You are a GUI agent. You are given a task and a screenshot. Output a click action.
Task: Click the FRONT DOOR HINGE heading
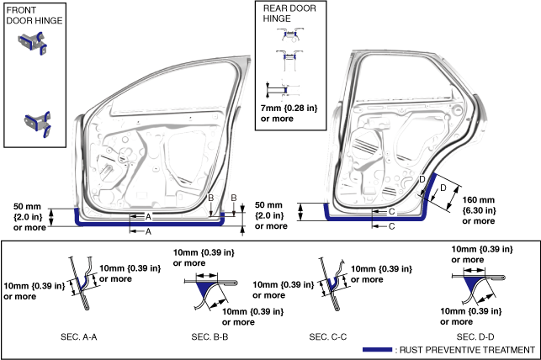click(x=34, y=15)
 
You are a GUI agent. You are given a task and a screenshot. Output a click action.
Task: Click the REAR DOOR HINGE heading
click(x=289, y=13)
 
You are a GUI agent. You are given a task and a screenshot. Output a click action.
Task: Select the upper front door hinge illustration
click(x=33, y=43)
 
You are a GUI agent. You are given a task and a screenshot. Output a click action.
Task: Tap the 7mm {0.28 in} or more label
click(x=289, y=114)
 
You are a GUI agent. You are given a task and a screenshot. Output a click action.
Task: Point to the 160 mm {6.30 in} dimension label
click(x=479, y=210)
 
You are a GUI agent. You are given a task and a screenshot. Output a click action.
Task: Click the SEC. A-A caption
click(x=78, y=337)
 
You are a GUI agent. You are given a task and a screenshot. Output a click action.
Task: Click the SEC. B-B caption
click(x=210, y=337)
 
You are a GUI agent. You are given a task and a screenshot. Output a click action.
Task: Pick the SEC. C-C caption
click(x=328, y=337)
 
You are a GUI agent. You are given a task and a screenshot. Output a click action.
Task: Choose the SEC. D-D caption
click(x=475, y=337)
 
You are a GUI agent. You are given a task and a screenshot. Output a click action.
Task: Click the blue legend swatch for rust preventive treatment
click(x=377, y=350)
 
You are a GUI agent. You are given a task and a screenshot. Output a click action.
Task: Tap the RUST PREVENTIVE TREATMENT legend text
click(x=467, y=350)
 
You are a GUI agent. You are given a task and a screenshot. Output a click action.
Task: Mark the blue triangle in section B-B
click(x=204, y=289)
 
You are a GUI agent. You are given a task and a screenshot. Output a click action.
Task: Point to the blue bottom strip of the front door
click(x=148, y=224)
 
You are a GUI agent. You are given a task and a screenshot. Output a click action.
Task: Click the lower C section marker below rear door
click(x=391, y=226)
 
